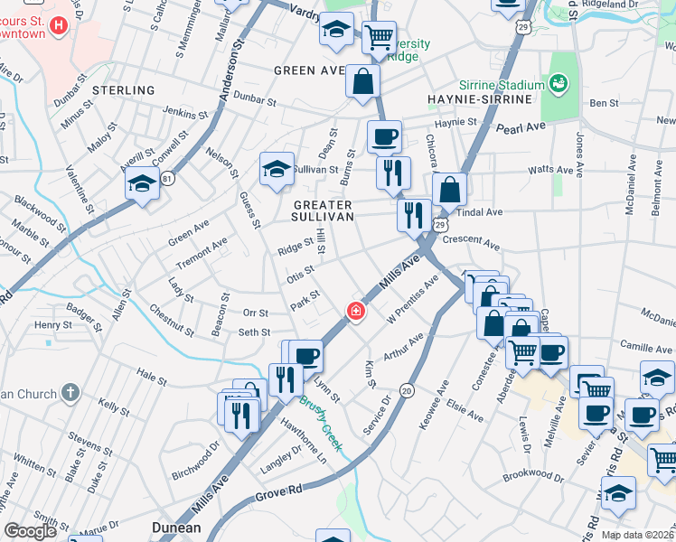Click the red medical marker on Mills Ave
tap(356, 312)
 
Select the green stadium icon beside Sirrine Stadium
tap(559, 84)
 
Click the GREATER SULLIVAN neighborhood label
tap(323, 211)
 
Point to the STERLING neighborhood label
tap(123, 90)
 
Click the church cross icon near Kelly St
tap(71, 393)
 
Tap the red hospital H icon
tap(59, 24)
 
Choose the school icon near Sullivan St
tap(277, 169)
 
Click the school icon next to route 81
tap(142, 185)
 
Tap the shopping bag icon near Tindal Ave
tap(449, 192)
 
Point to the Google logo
tap(30, 531)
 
